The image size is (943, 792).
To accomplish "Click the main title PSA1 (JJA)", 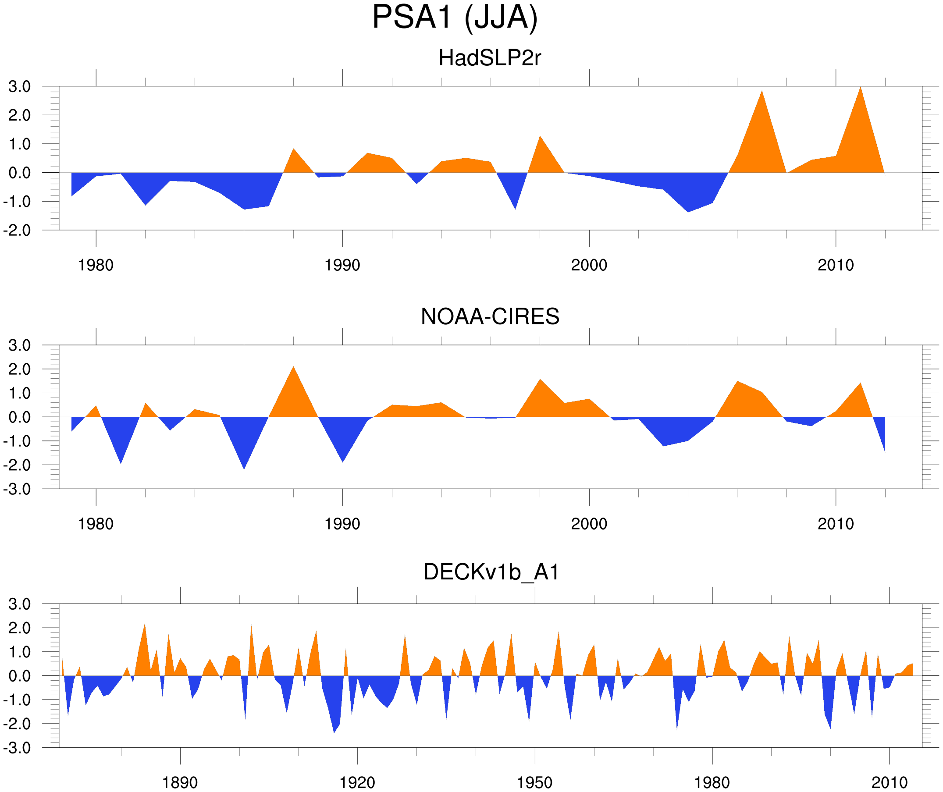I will coord(455,18).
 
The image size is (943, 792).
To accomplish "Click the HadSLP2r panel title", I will coord(489,58).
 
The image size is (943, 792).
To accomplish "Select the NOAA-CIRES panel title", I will coord(490,316).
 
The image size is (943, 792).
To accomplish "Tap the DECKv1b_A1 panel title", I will coord(491,572).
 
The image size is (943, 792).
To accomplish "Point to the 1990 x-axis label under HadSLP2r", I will coord(342,265).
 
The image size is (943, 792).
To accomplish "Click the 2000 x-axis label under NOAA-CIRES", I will coord(589,524).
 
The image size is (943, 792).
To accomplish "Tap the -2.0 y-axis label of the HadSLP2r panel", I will coord(17,231).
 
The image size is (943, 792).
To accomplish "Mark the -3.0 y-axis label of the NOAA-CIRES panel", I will coord(17,490).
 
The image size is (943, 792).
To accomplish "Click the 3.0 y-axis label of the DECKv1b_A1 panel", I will coord(20,604).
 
